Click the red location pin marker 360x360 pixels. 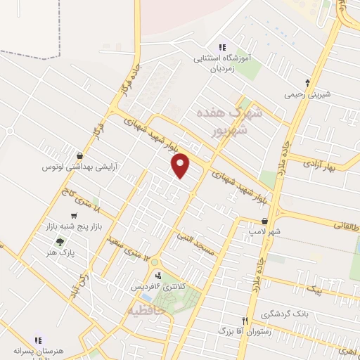pos(181,165)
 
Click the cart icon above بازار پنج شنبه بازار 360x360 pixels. pos(74,216)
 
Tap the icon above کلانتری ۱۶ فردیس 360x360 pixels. pos(160,275)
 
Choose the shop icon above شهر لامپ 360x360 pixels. pos(264,219)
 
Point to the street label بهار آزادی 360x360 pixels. pos(333,166)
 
